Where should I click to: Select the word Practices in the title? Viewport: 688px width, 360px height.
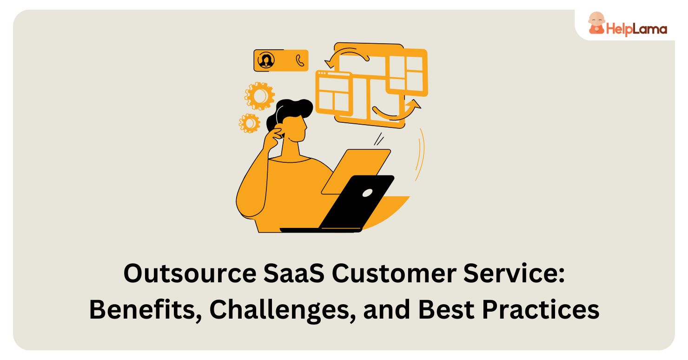pyautogui.click(x=539, y=310)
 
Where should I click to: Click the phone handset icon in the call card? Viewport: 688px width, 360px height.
pyautogui.click(x=300, y=60)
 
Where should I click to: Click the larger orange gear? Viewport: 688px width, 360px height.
pyautogui.click(x=258, y=95)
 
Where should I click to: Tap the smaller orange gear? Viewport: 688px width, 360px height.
pyautogui.click(x=250, y=123)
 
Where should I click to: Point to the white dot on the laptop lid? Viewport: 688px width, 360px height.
pyautogui.click(x=367, y=192)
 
